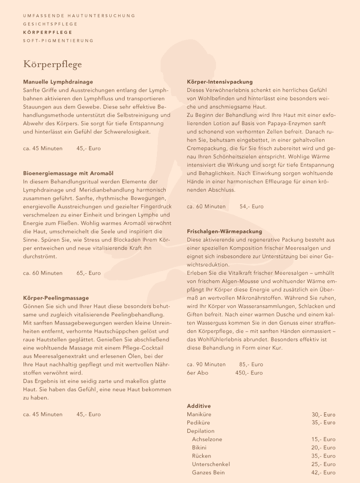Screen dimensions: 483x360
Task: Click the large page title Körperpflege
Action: coord(53,64)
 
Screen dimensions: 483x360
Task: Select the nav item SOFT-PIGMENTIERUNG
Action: coord(58,41)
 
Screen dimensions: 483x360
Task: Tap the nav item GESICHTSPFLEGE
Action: coord(50,24)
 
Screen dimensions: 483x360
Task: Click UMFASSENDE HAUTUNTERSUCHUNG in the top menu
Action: coord(79,16)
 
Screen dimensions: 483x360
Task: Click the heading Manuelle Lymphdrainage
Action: coord(58,82)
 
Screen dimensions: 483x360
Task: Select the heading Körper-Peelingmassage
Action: coord(56,298)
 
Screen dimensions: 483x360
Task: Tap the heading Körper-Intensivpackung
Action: coord(220,82)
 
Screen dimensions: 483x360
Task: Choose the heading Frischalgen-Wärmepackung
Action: coord(224,231)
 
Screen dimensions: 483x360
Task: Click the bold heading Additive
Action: coord(199,406)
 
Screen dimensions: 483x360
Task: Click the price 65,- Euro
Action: coord(89,273)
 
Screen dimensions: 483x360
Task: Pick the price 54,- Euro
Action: coord(252,206)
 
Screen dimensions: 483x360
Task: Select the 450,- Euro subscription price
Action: coord(249,373)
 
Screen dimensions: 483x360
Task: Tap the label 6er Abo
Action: coord(198,373)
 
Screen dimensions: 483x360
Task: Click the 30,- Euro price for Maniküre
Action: coord(324,414)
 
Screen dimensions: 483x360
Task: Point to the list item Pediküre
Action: coord(198,423)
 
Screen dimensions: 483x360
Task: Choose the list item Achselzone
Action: coord(207,439)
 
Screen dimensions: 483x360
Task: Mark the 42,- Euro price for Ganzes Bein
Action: coord(324,472)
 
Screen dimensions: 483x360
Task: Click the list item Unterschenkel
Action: coord(211,464)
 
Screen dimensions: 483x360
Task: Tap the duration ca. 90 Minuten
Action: coord(206,364)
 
